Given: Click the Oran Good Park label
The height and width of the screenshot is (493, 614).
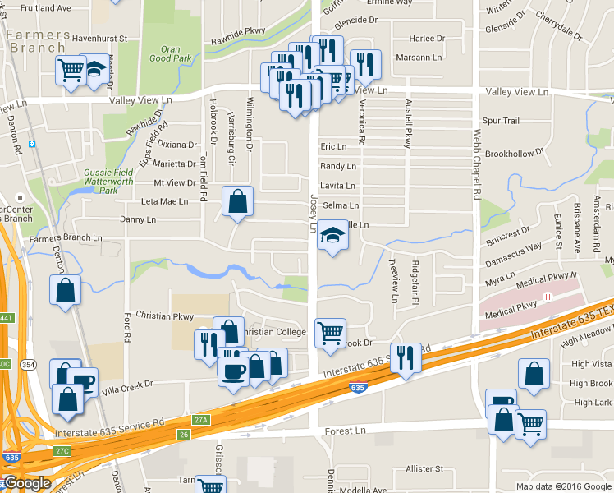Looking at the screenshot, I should coord(171,53).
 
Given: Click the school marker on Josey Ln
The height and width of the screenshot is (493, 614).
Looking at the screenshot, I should coord(332,236).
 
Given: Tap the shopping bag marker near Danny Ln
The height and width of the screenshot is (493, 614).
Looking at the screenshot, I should coord(237,200).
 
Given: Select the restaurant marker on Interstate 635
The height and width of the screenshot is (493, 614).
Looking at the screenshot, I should coord(406,357).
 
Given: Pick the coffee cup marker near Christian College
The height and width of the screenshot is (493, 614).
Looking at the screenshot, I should coord(233,369).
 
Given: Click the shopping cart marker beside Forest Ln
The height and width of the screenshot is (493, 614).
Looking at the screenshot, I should coord(530,424).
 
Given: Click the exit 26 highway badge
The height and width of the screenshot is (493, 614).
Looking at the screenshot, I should coord(183,433).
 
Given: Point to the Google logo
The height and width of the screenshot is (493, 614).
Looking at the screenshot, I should coord(27,483).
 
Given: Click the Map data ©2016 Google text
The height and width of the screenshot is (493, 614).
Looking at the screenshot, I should coord(563,486).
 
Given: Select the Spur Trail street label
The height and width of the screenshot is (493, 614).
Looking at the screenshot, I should coord(501,121).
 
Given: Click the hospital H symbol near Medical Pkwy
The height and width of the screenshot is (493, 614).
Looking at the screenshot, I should coord(547,296).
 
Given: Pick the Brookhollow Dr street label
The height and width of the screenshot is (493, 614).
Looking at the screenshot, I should coord(515,154).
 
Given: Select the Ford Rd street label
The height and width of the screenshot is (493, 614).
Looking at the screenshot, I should coord(127,327).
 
